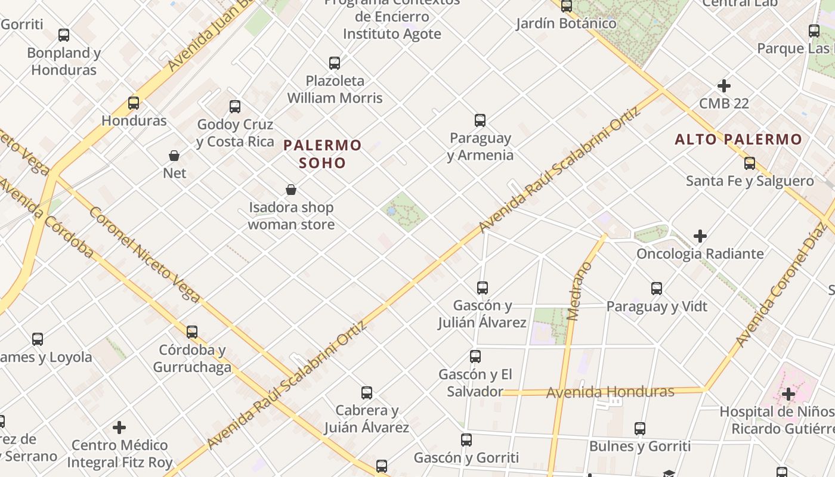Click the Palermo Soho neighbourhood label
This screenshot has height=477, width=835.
(323, 154)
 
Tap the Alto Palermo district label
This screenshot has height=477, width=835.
(738, 140)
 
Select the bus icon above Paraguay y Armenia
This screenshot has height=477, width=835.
(480, 120)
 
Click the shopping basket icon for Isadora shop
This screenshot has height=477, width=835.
(291, 190)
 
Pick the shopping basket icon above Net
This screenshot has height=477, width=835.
(174, 156)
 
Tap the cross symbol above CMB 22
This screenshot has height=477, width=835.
(724, 86)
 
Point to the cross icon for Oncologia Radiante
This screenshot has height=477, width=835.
(700, 236)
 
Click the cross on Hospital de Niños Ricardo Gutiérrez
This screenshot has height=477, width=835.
(788, 394)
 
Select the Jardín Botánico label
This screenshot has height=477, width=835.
(566, 23)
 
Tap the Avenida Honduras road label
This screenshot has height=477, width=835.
(610, 392)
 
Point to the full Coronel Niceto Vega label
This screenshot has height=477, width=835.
(144, 255)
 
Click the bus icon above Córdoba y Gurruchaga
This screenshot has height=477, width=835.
(192, 332)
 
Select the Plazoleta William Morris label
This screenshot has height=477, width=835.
(335, 89)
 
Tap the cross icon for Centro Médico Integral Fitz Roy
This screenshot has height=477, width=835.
(119, 428)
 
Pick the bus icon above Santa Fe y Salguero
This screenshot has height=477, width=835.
(750, 163)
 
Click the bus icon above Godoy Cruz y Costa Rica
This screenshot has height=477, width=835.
(235, 107)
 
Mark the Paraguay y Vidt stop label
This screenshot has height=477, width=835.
(657, 306)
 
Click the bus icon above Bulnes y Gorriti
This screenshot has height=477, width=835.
(640, 429)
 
